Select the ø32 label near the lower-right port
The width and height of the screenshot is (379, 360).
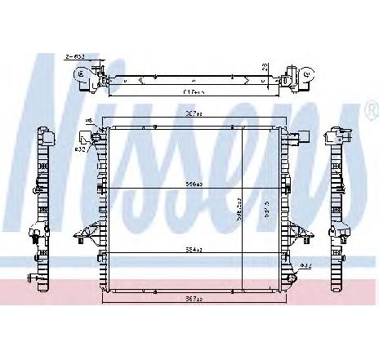304,265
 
